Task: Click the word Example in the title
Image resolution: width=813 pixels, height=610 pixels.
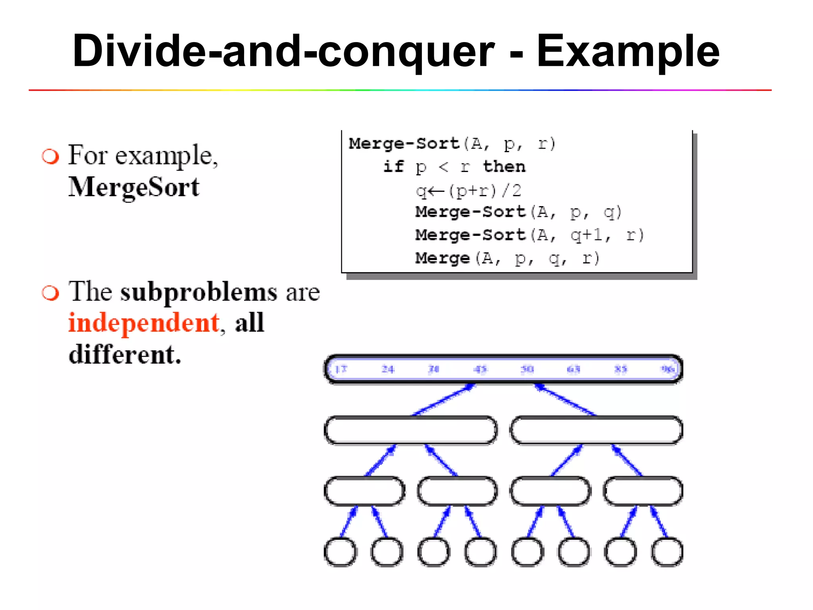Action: (x=628, y=52)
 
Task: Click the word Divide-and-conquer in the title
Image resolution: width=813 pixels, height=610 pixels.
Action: (x=283, y=52)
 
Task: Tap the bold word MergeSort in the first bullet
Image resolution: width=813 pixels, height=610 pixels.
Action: (x=134, y=187)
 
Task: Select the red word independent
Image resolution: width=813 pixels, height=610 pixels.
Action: (x=144, y=322)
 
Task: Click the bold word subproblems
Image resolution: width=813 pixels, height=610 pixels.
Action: (x=198, y=292)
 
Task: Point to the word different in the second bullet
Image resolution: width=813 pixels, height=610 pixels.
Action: (x=124, y=354)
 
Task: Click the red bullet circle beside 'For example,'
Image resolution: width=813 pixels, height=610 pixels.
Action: (x=50, y=156)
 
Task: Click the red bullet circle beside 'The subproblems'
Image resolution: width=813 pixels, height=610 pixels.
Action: (x=50, y=293)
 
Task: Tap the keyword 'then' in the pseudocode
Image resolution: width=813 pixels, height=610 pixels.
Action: (x=504, y=166)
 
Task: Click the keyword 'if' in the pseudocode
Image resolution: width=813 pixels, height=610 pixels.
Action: (x=393, y=166)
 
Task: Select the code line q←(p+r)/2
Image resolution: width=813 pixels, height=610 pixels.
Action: (x=468, y=191)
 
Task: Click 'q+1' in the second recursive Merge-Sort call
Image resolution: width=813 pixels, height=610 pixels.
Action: (x=586, y=235)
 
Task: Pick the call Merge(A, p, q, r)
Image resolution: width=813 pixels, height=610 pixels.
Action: (x=507, y=259)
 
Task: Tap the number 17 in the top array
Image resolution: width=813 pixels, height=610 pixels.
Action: (x=341, y=369)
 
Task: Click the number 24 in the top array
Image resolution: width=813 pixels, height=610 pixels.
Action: (x=387, y=369)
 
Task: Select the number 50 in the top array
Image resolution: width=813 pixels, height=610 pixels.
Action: (x=527, y=369)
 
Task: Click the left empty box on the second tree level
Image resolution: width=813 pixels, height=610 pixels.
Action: (x=410, y=430)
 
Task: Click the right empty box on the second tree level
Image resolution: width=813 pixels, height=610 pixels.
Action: (x=596, y=430)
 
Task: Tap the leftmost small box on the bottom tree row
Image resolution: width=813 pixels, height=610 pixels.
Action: (x=341, y=552)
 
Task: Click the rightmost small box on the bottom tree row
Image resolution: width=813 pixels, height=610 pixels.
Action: (x=667, y=552)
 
